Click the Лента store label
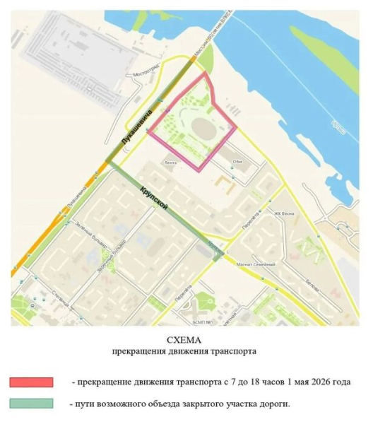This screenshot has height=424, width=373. [169, 162]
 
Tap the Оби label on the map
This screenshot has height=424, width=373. [236, 161]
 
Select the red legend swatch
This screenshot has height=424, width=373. [32, 382]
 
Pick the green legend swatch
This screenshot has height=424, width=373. [32, 403]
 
